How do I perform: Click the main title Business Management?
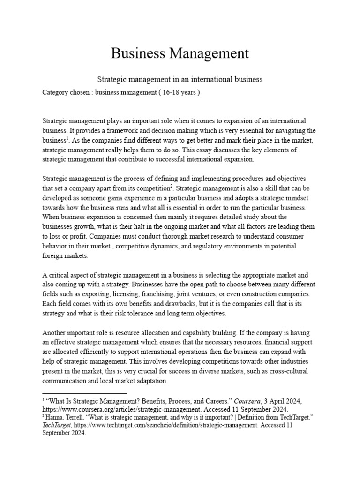click(x=180, y=53)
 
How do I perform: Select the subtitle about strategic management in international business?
click(x=180, y=80)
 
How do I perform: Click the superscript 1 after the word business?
click(x=68, y=138)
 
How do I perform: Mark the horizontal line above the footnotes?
click(x=84, y=393)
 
